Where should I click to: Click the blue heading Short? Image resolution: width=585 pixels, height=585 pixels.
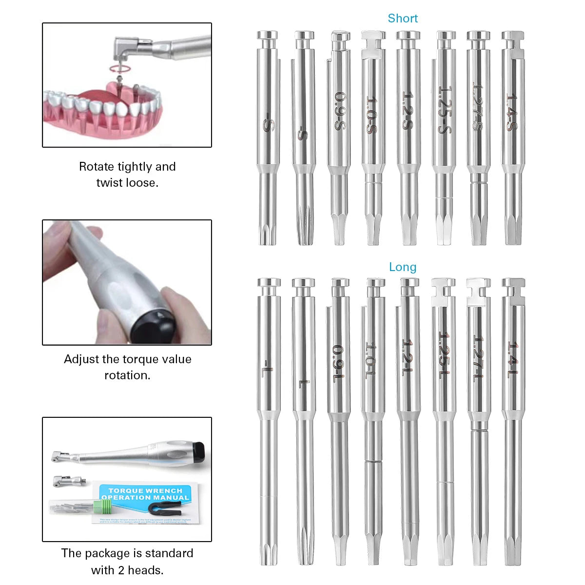point(403,19)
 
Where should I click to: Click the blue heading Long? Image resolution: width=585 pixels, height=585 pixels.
point(403,267)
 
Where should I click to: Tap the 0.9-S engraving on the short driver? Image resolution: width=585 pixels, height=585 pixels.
point(339,111)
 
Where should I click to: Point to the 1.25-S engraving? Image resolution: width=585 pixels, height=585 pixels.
point(443,111)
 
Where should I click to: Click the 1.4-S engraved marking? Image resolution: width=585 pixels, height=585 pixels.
point(512,112)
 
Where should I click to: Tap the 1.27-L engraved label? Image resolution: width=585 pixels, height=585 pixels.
point(478,358)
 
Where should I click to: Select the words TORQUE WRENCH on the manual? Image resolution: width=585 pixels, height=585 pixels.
point(145,490)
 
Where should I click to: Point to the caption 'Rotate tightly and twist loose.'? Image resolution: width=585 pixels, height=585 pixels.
point(127,175)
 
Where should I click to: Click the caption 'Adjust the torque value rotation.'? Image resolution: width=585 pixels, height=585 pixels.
point(127,367)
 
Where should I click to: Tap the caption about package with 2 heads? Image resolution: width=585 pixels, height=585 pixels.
point(127,561)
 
